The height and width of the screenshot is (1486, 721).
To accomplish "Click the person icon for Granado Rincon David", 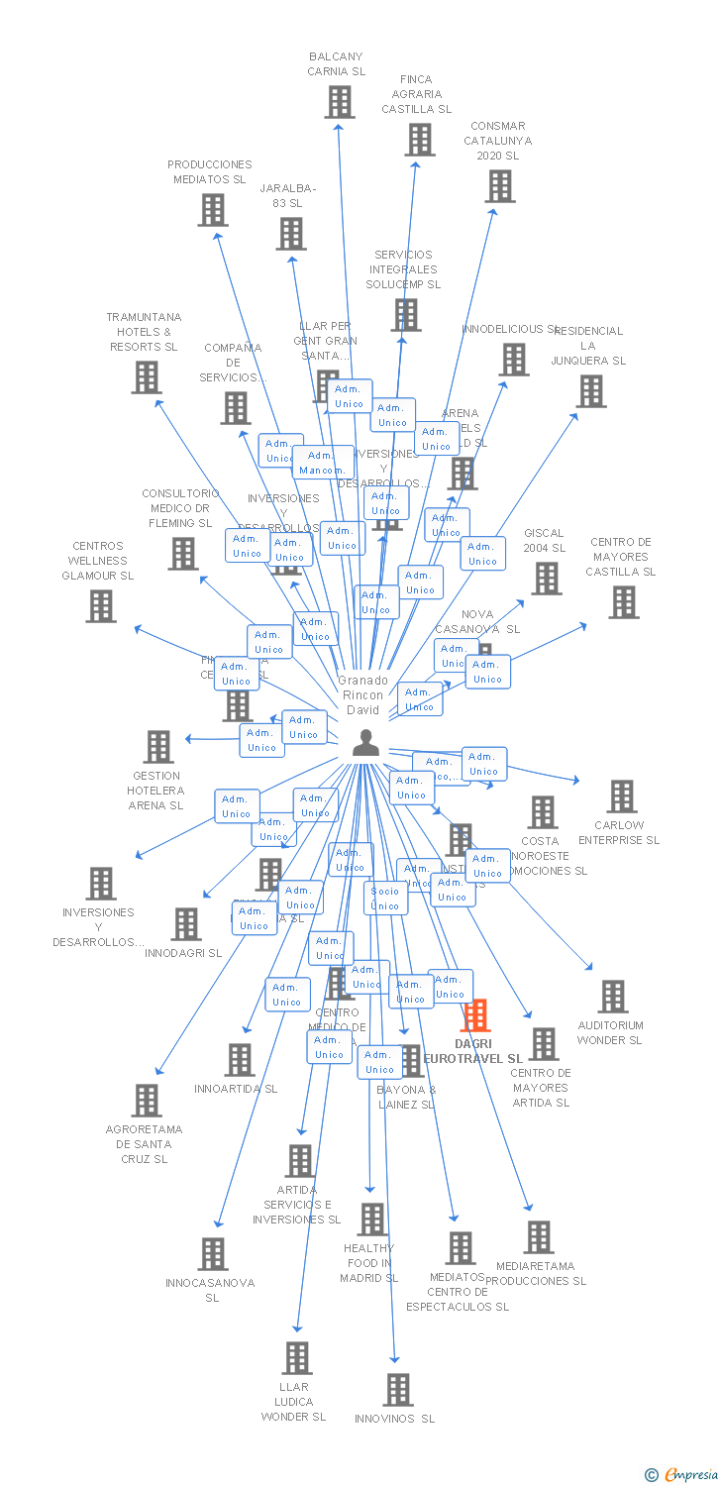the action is pos(365,743).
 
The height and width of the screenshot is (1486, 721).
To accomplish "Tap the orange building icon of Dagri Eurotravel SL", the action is pos(475,1015).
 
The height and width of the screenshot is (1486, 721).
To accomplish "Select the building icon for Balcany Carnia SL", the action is pos(339,102).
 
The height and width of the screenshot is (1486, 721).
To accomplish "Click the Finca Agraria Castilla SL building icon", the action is pos(420,140).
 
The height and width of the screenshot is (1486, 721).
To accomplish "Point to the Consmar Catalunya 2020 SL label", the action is pos(498,141).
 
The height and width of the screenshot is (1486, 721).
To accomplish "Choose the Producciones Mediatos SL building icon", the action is pos(212,210).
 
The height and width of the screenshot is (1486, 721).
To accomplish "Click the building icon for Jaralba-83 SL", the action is pos(291,234).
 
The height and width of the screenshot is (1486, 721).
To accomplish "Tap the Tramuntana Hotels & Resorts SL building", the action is pos(147,377).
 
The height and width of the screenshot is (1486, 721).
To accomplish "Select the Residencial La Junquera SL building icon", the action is pos(591,391).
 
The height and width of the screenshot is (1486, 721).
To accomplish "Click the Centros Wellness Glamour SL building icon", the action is pos(101,606).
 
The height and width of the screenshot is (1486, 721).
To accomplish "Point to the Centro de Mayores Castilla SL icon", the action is pos(623,601).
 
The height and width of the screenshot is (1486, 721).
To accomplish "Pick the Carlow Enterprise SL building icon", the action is pos(622,796).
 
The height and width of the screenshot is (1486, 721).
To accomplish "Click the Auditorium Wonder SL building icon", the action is pos(613,997).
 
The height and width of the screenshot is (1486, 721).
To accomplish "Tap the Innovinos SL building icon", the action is pos(398,1390).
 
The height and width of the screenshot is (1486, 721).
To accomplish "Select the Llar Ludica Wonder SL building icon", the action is pos(297,1358).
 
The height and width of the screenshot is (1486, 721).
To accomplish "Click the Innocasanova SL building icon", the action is pos(213,1254).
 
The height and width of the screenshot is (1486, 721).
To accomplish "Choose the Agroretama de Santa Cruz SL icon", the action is pos(147,1100).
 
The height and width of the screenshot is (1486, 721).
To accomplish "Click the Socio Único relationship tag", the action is pos(385,899).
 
